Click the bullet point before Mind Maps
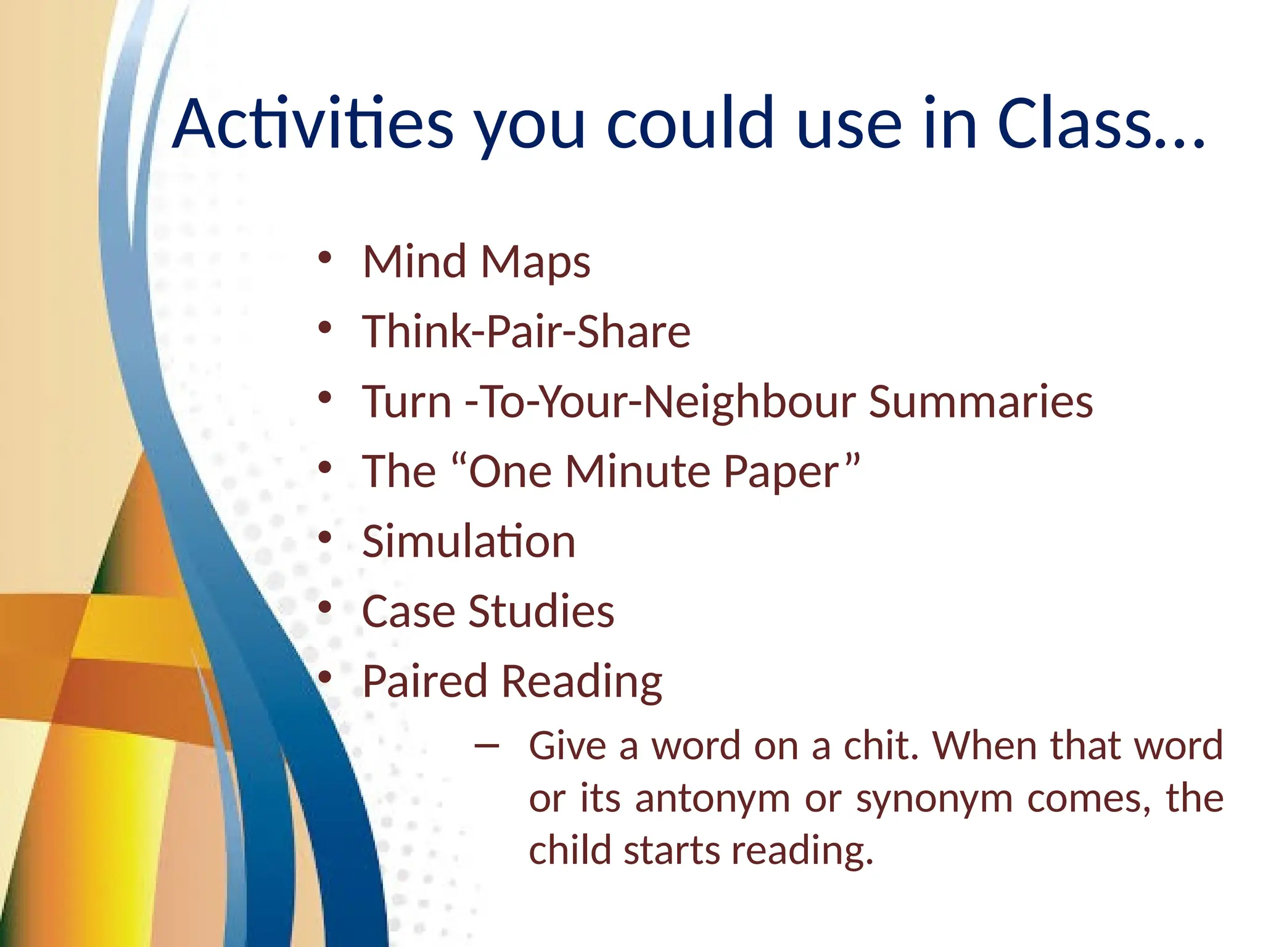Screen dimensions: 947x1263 click(x=325, y=258)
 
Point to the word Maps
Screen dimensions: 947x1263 click(x=535, y=263)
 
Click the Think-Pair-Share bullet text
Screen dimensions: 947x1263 click(x=525, y=332)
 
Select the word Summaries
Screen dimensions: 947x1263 click(x=981, y=402)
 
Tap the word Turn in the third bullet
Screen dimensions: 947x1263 click(x=406, y=402)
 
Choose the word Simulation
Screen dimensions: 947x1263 click(x=468, y=541)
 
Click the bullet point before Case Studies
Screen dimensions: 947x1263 click(x=325, y=608)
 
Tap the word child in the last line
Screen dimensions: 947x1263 click(x=570, y=850)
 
